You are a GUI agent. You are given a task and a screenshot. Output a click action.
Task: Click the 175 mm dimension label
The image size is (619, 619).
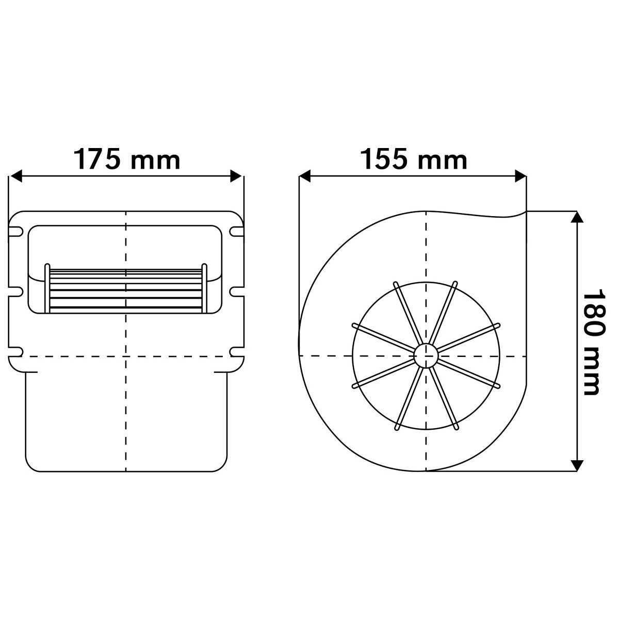127,159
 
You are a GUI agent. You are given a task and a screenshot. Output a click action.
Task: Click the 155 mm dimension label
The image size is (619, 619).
414,159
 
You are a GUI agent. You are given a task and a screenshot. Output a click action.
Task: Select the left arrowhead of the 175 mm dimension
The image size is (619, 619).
16,176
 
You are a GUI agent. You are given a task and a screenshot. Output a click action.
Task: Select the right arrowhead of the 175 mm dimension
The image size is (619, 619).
236,176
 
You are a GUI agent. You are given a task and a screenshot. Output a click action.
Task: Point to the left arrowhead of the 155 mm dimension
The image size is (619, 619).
305,176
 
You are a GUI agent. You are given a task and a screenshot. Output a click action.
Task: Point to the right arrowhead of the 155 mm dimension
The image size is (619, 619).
520,176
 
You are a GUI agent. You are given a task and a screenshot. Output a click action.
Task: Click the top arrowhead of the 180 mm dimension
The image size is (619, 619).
577,217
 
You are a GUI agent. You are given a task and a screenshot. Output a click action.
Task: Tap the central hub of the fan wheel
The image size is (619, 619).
426,356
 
